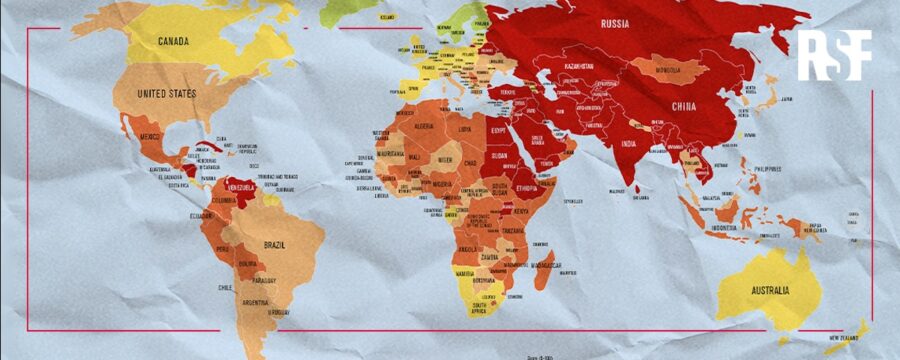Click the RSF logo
[x=833, y=55]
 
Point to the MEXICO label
[x=150, y=136]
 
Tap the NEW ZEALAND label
[x=848, y=340]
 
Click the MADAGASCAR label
[x=549, y=265]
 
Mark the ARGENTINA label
[x=254, y=302]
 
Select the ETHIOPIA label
[x=530, y=186]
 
